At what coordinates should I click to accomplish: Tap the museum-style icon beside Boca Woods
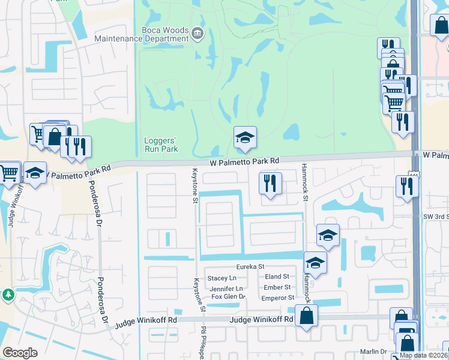point(197,34)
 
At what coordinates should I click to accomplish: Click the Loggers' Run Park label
point(161,145)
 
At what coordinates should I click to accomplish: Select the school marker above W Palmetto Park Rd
point(245,139)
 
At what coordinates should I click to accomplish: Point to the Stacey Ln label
point(221,278)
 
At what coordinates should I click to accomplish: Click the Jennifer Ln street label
point(226,289)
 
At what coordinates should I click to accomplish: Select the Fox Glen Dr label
point(229,297)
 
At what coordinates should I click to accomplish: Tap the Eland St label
point(277,277)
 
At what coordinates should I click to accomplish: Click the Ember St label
point(277,287)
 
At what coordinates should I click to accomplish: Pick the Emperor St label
point(279,297)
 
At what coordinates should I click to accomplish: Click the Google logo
point(20,353)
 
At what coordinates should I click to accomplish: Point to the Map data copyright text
point(424,355)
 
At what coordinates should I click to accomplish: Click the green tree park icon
point(8,295)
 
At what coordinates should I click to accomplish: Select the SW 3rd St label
point(436,216)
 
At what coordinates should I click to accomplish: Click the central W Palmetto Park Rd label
point(245,161)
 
